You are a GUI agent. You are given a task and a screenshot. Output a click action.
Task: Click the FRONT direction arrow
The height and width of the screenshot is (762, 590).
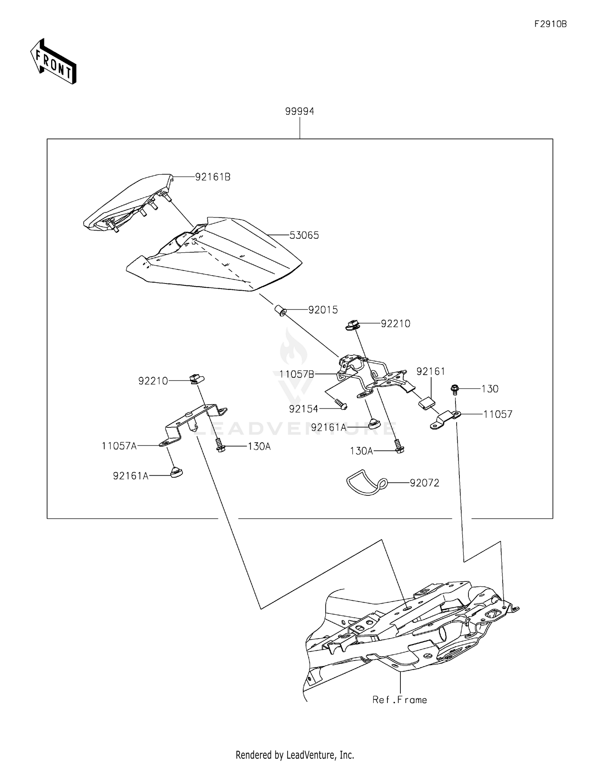tap(53, 62)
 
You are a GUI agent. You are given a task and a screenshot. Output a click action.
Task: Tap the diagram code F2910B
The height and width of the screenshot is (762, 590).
tap(550, 24)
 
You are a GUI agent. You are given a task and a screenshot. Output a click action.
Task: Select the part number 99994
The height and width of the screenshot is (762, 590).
tap(300, 112)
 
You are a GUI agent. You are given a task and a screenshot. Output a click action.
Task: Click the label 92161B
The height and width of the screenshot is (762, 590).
tap(213, 177)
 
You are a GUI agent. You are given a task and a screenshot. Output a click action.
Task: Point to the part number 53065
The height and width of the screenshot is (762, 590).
tap(304, 236)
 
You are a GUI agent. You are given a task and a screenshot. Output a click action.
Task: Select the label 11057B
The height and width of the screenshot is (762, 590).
tap(297, 374)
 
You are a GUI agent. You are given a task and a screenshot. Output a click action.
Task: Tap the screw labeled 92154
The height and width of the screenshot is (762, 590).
tap(341, 404)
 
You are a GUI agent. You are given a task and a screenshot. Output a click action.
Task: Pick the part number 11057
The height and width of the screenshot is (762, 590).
tap(498, 414)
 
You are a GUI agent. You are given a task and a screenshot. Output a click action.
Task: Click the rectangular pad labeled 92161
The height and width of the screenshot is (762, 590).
tap(426, 403)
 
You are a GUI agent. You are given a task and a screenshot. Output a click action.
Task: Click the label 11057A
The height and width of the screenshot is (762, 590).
tap(119, 446)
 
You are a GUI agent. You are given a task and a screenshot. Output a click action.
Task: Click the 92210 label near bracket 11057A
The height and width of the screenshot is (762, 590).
tap(153, 381)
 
